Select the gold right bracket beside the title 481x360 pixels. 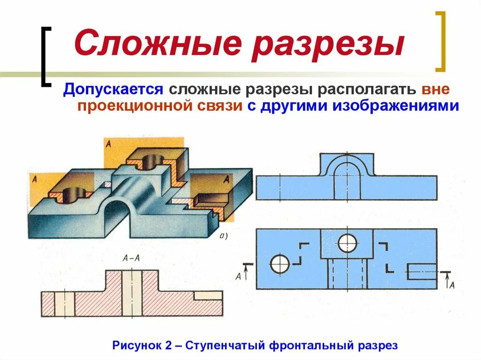[x=440, y=41]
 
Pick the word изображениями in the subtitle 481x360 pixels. [x=396, y=106]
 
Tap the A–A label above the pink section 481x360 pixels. [x=130, y=258]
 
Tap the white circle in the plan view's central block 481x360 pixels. [x=347, y=243]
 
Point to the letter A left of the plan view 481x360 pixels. [x=238, y=276]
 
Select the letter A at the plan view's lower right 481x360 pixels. [x=452, y=285]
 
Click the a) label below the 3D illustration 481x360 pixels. [x=223, y=236]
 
